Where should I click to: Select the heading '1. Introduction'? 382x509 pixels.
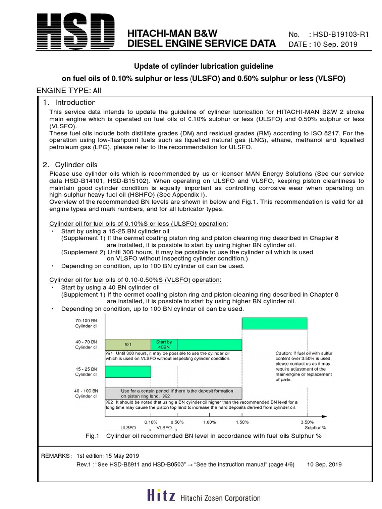click(x=69, y=102)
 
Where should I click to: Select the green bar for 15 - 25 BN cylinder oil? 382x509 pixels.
click(x=127, y=372)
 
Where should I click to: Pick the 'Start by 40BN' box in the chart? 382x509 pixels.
click(x=164, y=345)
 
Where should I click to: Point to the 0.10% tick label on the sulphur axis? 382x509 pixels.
click(x=151, y=422)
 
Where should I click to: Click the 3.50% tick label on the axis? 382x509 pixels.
click(x=307, y=422)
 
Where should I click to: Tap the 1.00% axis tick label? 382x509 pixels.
click(x=209, y=422)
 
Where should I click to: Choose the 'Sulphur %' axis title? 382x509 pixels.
click(x=315, y=427)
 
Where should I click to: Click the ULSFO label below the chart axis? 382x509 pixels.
click(x=127, y=427)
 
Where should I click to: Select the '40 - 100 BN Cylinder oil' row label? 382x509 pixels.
click(x=87, y=393)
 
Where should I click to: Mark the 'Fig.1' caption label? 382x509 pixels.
click(x=93, y=436)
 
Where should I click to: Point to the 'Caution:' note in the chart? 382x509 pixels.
click(x=286, y=353)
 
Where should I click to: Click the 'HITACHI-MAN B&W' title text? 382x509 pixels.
click(x=173, y=33)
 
